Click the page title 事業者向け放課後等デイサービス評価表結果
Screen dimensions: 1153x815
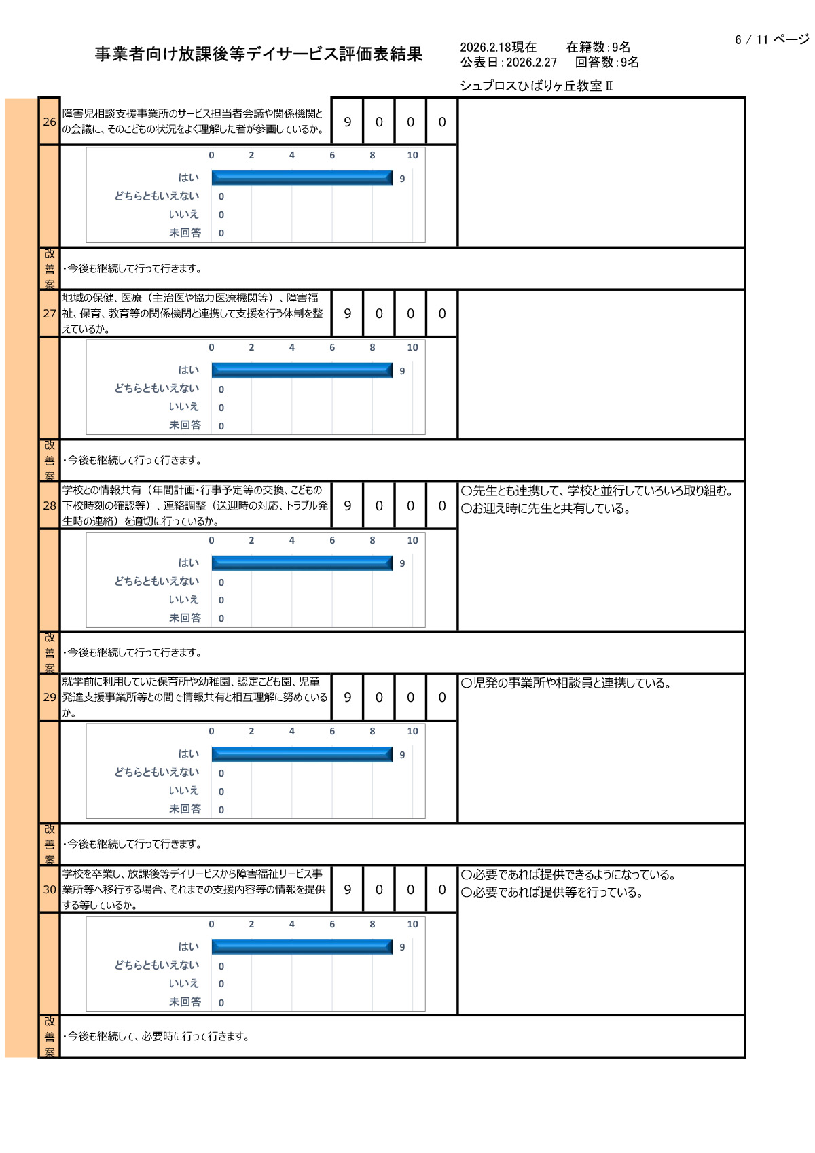coord(258,54)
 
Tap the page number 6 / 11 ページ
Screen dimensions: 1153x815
coord(772,40)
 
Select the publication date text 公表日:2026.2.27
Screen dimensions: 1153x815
coord(508,63)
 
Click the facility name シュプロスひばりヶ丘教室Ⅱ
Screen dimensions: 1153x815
coord(536,86)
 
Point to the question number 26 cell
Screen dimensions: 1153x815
coord(50,122)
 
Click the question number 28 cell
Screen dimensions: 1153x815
coord(50,505)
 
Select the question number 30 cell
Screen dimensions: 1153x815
coord(50,889)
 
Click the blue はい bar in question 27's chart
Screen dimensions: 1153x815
coord(302,370)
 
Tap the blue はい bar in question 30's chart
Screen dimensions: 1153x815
coord(302,946)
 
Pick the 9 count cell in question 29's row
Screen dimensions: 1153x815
coord(348,697)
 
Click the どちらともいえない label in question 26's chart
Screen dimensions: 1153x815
coord(157,196)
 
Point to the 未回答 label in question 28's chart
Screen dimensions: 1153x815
coord(185,618)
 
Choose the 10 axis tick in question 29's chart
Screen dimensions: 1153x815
coord(412,732)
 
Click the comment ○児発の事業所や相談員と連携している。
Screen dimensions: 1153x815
coord(566,684)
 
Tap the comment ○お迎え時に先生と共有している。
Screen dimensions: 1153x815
coord(545,509)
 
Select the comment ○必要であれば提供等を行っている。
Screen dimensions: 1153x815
coord(551,893)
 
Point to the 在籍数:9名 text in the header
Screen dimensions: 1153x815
coord(598,47)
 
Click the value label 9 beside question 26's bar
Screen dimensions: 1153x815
coord(402,179)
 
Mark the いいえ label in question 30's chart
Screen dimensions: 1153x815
coord(183,983)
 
